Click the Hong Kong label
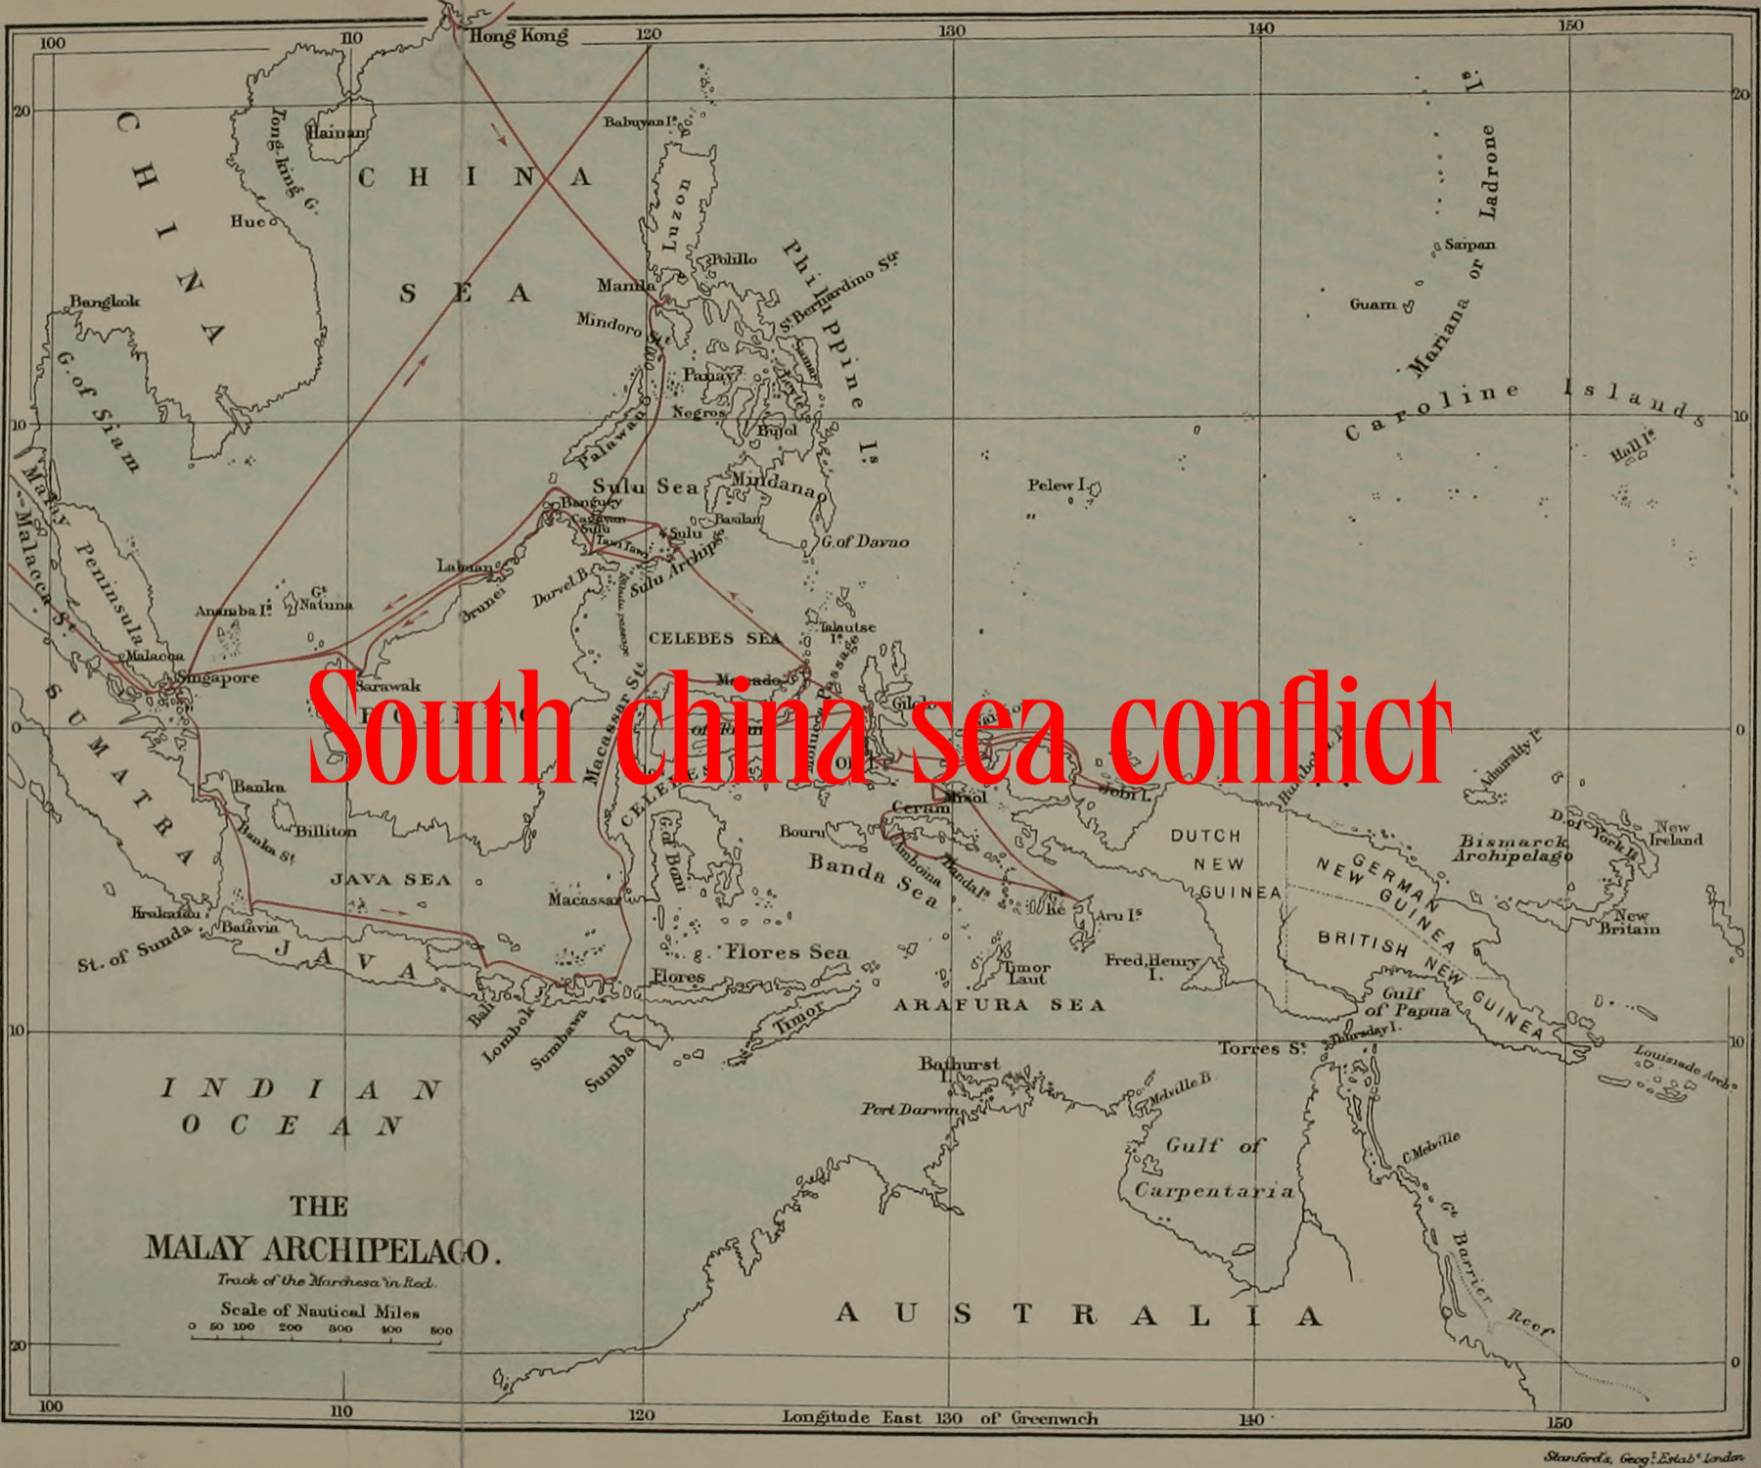[519, 36]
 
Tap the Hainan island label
[338, 131]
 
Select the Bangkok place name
[105, 300]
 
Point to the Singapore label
[219, 677]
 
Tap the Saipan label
[1469, 245]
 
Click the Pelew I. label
[1057, 484]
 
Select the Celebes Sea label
[715, 638]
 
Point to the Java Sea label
[391, 880]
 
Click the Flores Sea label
[787, 951]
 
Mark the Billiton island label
[326, 831]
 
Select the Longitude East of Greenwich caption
[939, 1418]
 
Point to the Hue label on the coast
[248, 221]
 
